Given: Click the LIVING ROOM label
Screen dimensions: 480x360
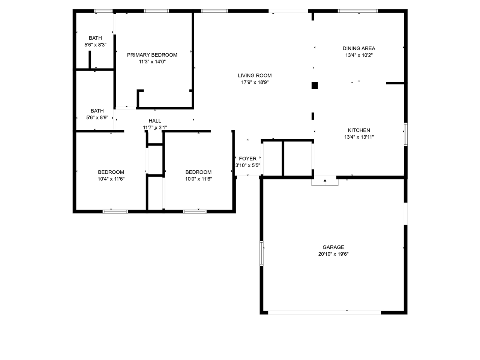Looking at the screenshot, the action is click(x=255, y=76).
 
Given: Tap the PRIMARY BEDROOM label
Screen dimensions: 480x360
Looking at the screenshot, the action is click(x=152, y=55).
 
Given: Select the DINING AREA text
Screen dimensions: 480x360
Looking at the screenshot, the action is click(x=358, y=48).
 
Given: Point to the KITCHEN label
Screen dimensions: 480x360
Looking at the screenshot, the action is click(x=359, y=130).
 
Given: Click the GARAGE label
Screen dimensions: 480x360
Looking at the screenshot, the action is click(x=333, y=247).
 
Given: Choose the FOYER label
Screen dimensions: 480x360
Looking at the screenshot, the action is click(x=247, y=159).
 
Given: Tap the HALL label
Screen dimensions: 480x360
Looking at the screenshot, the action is click(x=155, y=121).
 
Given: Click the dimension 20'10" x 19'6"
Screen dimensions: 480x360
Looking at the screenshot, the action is click(x=333, y=254).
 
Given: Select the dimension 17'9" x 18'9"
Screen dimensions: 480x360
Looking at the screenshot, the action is click(x=255, y=82).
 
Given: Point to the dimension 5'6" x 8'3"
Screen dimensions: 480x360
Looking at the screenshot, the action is click(x=95, y=45).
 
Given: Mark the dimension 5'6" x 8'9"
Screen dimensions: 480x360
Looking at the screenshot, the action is click(x=97, y=118).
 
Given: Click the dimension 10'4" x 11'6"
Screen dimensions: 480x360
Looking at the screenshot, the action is click(x=111, y=179).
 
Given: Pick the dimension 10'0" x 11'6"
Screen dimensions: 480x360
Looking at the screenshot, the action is click(x=198, y=179).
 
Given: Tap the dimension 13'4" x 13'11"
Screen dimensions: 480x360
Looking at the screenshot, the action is click(x=359, y=137).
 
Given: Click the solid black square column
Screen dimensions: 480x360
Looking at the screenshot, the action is click(x=315, y=85).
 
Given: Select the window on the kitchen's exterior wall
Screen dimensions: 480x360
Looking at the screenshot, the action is click(x=406, y=134).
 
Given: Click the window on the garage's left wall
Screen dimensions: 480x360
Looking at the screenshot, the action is click(x=261, y=253).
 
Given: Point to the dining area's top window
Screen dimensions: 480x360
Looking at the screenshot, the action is click(x=358, y=11).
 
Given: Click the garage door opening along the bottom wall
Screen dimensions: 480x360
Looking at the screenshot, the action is click(x=324, y=313).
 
